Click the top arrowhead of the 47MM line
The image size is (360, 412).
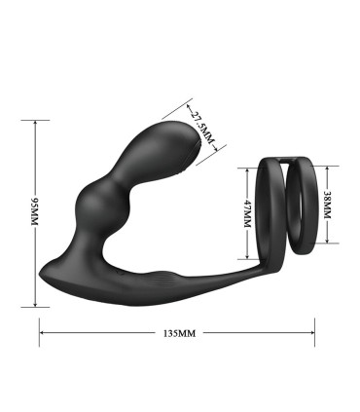(247, 168)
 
